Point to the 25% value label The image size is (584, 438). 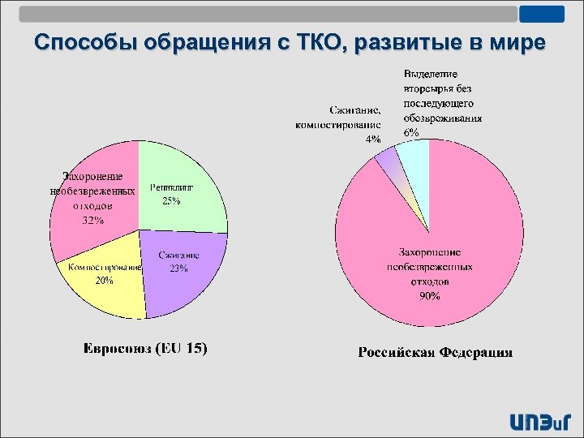coord(171,201)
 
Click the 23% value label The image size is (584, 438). coord(178,268)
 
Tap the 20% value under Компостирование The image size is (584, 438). coord(105,281)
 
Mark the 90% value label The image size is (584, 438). coord(429,296)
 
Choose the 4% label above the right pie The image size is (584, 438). coord(373,139)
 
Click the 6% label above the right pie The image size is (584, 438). coord(411,132)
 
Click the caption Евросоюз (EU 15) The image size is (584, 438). coord(146,350)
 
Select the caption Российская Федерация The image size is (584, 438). coord(436,352)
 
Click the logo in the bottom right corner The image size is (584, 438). coord(539,421)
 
